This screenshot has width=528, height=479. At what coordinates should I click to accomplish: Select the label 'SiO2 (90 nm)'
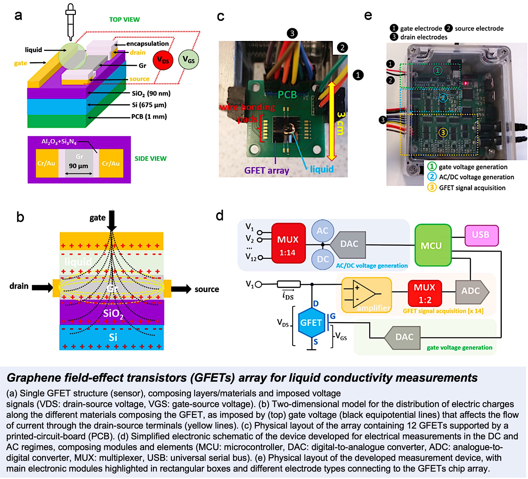click(x=151, y=93)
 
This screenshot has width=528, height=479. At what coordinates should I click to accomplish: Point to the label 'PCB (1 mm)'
click(x=149, y=116)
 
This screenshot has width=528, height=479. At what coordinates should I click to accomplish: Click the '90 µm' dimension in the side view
click(x=79, y=166)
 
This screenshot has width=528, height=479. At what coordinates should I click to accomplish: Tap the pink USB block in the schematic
click(x=481, y=235)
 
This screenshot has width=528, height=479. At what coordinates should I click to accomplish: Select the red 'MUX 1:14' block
click(x=288, y=244)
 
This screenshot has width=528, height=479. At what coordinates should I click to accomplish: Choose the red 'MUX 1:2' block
click(x=425, y=293)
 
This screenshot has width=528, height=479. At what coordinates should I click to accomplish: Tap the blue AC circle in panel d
click(x=322, y=231)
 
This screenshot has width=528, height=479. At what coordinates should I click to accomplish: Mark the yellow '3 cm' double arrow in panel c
click(x=332, y=121)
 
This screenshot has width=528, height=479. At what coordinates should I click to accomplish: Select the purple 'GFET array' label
click(x=267, y=170)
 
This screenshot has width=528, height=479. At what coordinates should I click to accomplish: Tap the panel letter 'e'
click(x=368, y=15)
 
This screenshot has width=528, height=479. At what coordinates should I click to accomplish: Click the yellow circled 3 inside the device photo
click(x=443, y=133)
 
